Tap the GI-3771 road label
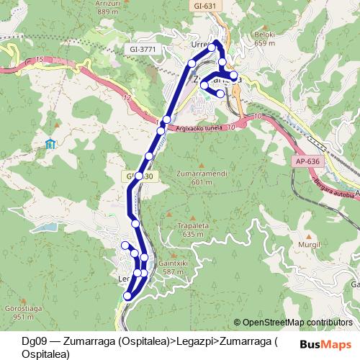click(x=144, y=49)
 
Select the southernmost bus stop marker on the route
click(x=128, y=295)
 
